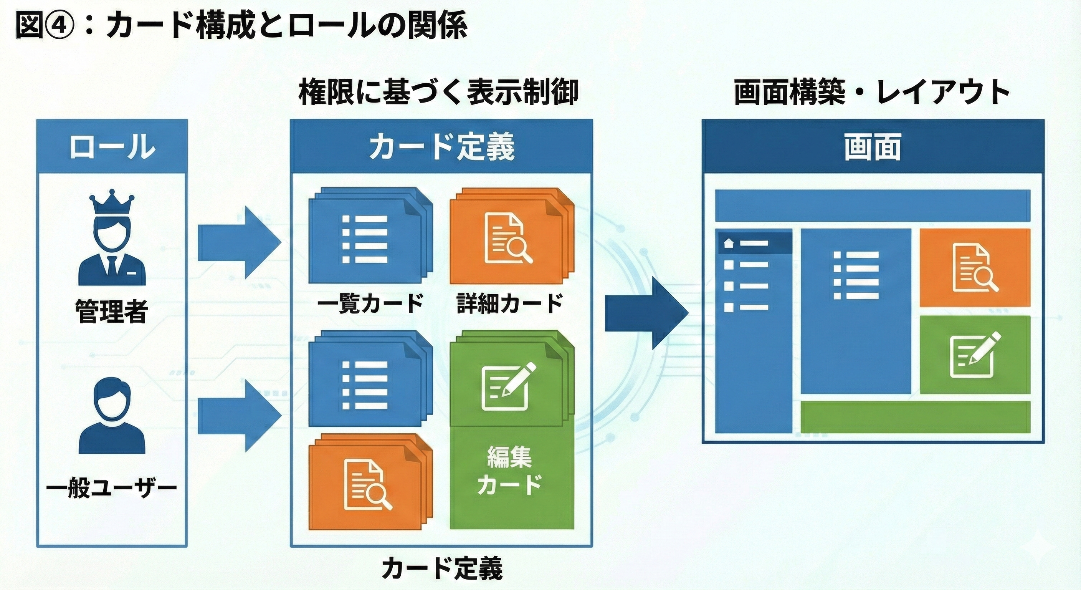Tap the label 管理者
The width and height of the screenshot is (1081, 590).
point(112,312)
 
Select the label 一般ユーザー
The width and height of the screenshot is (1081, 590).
point(112,488)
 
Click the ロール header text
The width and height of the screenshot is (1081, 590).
point(112,147)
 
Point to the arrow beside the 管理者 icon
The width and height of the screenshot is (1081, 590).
point(238,242)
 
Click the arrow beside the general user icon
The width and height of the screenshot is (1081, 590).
point(238,416)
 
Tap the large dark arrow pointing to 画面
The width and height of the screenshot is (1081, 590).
point(646,313)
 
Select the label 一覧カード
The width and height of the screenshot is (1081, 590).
point(370,303)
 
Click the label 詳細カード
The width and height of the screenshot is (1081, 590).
point(510,303)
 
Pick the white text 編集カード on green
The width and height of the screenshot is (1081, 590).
point(510,470)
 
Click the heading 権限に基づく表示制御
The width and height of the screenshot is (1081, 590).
point(438,93)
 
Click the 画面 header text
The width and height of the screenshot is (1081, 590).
point(873,147)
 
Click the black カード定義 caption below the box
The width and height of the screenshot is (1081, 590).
point(442,568)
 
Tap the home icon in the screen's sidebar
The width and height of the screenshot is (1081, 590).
point(729,243)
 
